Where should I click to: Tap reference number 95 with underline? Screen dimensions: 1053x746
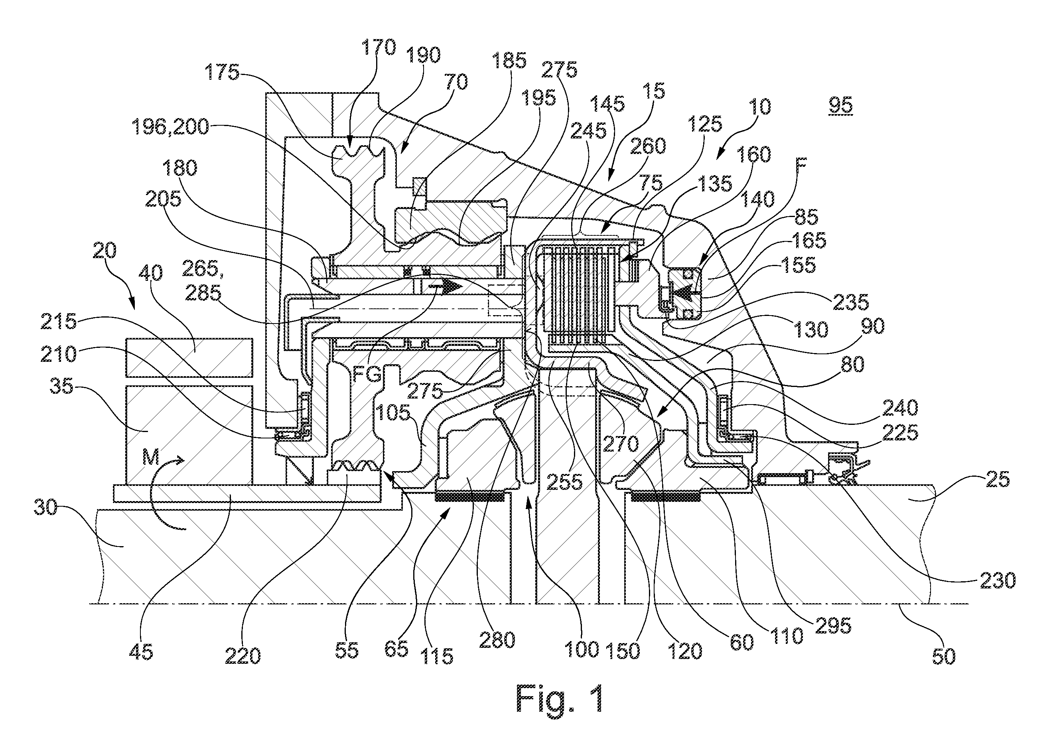click(x=841, y=106)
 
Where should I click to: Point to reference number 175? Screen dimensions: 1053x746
click(x=222, y=73)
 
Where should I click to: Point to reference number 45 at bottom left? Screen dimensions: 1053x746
click(x=142, y=652)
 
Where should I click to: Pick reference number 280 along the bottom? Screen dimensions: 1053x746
click(x=497, y=640)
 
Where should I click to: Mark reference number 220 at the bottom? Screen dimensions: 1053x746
click(x=243, y=656)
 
